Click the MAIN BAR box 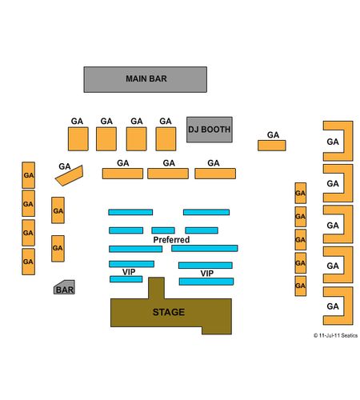(x=146, y=79)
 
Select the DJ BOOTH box (x=210, y=130)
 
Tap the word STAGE (x=169, y=312)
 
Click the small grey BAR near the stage (x=64, y=287)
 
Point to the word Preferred (x=171, y=240)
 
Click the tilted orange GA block (x=70, y=175)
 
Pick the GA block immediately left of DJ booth (x=166, y=139)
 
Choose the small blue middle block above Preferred (x=163, y=230)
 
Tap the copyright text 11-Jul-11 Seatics (x=335, y=335)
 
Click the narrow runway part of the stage (x=156, y=288)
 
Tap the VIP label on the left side (x=129, y=272)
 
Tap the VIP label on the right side (x=207, y=274)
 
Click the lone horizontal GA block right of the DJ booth (x=272, y=146)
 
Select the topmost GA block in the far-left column (x=28, y=175)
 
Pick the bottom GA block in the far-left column (x=28, y=262)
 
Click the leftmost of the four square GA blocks (x=78, y=139)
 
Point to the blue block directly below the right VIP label (x=206, y=282)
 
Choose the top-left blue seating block (x=130, y=212)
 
